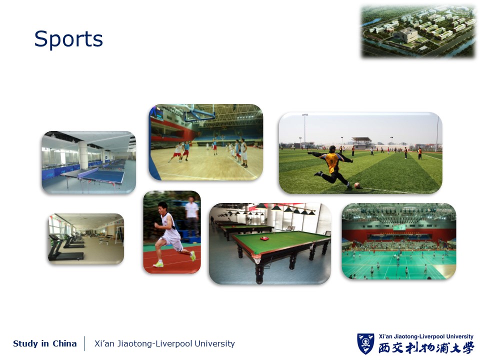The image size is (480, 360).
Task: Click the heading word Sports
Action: (x=68, y=39)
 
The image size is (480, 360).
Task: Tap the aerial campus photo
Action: (x=418, y=31)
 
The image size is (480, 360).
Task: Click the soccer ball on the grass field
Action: (x=356, y=185)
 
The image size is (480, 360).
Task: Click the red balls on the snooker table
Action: (x=264, y=238)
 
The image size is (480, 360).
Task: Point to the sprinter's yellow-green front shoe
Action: (x=193, y=256)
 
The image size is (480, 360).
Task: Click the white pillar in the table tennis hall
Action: (x=83, y=155)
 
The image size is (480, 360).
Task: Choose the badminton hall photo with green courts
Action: (x=399, y=241)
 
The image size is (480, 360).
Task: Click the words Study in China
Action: (x=44, y=343)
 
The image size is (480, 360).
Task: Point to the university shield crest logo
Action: (x=365, y=343)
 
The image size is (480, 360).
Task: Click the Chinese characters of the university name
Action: (x=426, y=348)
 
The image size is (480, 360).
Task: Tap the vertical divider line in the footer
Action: (x=84, y=343)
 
